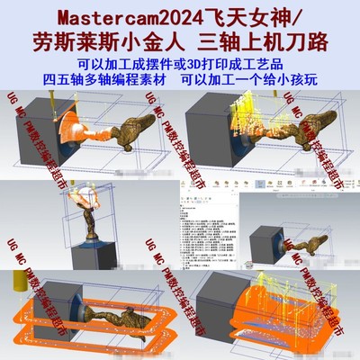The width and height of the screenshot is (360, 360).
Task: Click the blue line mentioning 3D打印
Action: (180, 65)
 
